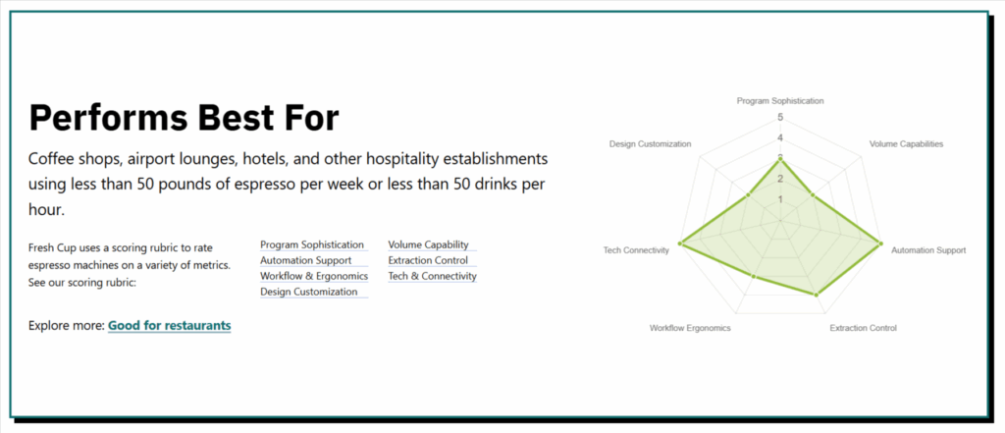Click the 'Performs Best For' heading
184,118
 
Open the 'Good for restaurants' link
169,325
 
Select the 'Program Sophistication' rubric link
312,244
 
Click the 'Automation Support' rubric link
306,260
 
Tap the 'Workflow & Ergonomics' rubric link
314,276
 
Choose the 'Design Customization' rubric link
309,292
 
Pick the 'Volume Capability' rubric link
428,244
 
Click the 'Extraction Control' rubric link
428,260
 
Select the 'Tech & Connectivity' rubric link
433,276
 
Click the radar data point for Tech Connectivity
681,244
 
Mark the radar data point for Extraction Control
816,296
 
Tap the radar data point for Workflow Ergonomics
754,277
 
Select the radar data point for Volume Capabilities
813,194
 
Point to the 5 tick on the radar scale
780,118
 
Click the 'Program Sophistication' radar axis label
780,101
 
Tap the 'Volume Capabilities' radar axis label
906,143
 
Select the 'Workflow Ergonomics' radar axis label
690,328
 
